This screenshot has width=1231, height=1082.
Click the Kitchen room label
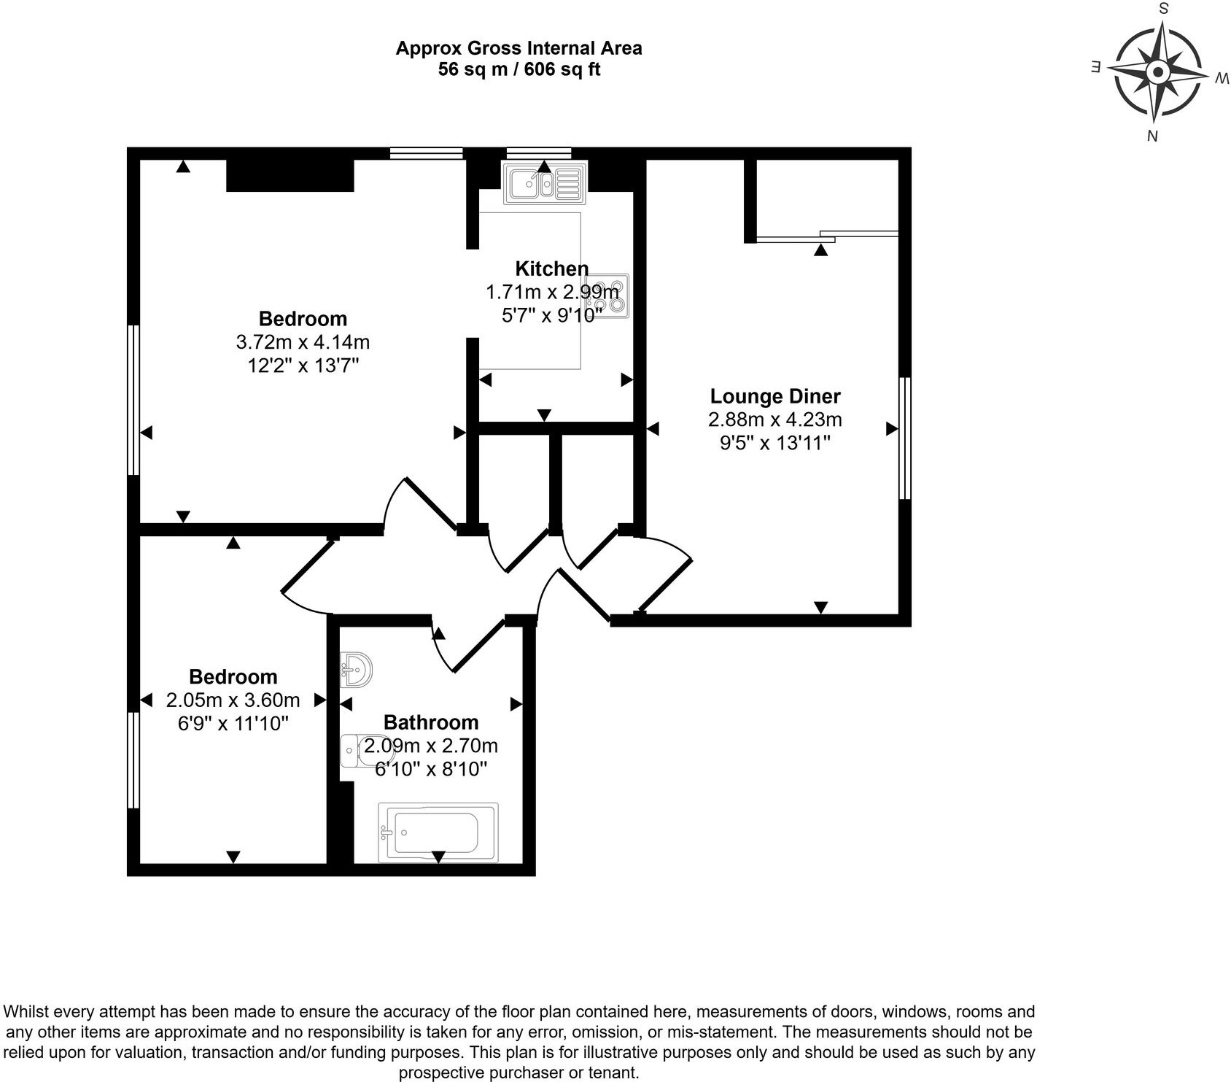point(551,268)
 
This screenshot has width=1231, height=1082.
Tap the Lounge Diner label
point(775,396)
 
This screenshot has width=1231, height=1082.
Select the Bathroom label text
point(431,722)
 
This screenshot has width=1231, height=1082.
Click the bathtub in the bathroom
point(438,832)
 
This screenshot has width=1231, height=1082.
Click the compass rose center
point(1157,72)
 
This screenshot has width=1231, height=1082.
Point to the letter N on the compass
point(1153,135)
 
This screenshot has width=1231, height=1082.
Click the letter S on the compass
point(1164,9)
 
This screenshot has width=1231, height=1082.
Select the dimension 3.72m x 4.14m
point(303,341)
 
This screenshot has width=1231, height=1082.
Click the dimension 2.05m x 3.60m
point(233,700)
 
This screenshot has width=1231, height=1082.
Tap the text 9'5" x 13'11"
point(775,443)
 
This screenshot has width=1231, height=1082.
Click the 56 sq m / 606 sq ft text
point(519,70)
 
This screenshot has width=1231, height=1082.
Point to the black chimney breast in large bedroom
point(290,176)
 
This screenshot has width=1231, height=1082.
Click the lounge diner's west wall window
point(904,438)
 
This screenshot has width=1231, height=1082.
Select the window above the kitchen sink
point(539,152)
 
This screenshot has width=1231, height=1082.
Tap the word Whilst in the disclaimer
point(27,1012)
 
